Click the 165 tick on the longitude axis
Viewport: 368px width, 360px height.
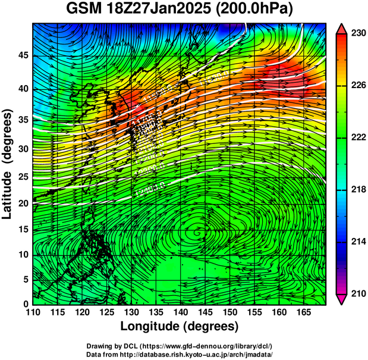[x=302, y=312]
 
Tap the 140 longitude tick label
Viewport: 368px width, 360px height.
[x=180, y=312]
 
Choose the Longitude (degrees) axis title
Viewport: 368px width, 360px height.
[x=180, y=327]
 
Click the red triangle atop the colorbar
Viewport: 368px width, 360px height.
[x=342, y=28]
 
